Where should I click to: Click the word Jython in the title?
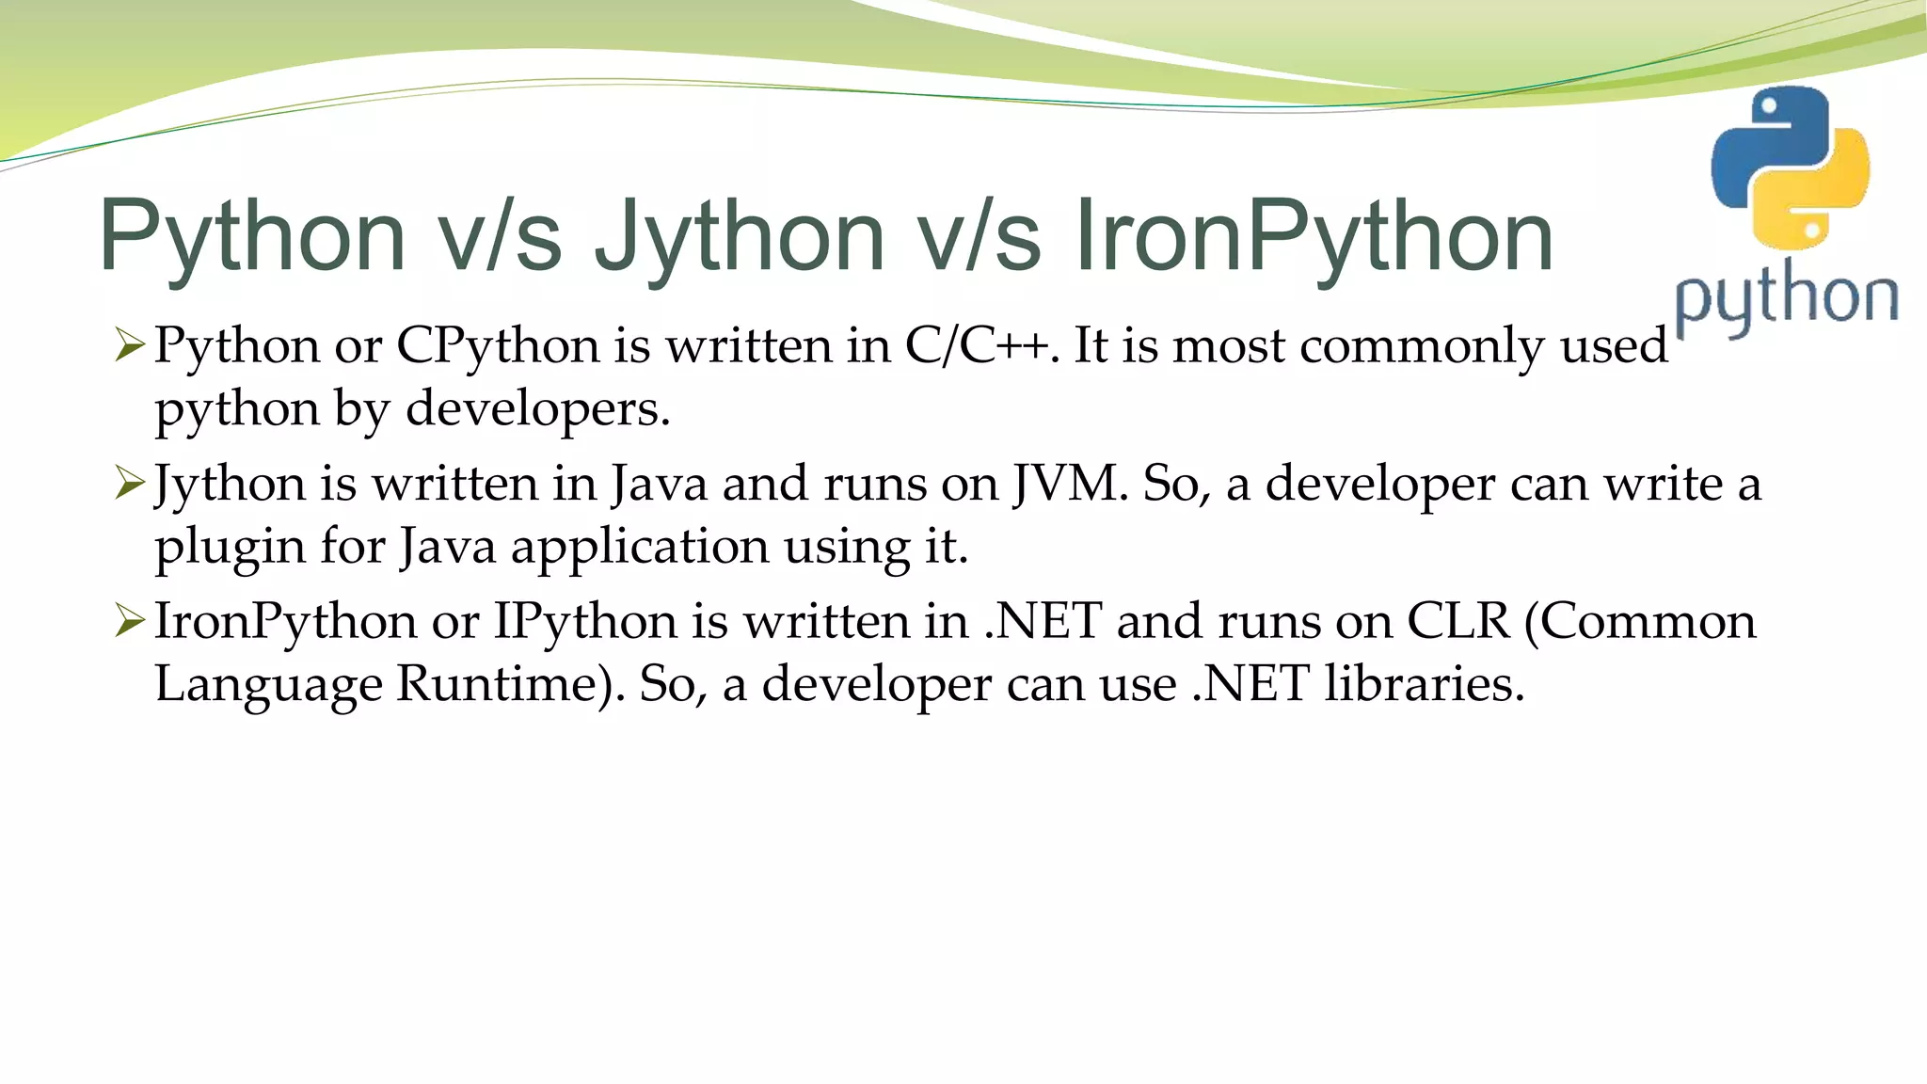(x=740, y=236)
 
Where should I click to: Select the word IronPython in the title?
(x=1313, y=236)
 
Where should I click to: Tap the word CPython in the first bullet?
(x=498, y=345)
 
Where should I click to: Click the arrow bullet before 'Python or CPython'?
(x=129, y=345)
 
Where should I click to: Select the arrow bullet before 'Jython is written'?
(x=129, y=484)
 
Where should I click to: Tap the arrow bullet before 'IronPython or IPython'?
(x=129, y=621)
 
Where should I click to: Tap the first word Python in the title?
(x=252, y=236)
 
